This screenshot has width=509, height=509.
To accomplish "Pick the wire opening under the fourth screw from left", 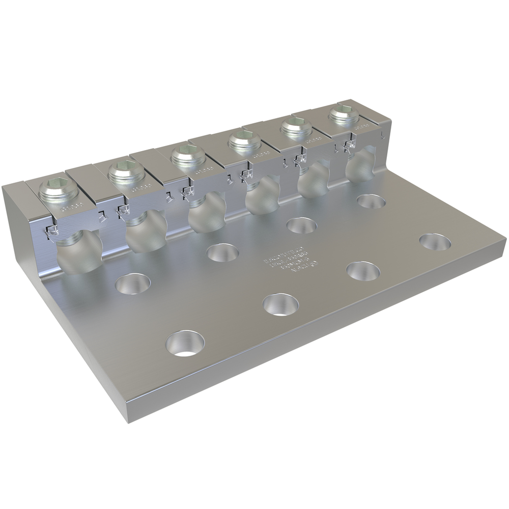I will point(263,196).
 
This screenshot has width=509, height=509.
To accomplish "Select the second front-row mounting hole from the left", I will point(280,304).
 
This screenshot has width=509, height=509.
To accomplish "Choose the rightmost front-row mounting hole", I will point(435,241).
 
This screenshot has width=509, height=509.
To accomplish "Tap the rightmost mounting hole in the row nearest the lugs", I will point(371,202).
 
